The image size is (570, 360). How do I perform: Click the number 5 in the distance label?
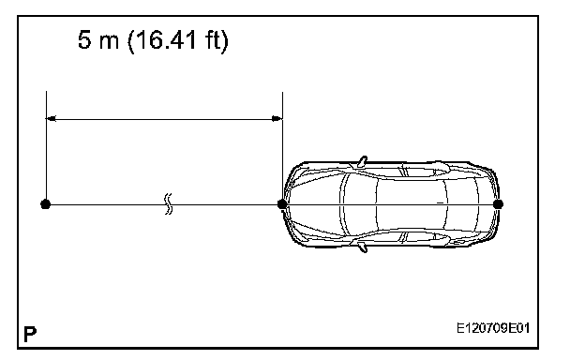(84, 39)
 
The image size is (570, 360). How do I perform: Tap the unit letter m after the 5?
(109, 42)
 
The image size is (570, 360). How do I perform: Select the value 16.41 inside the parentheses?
(166, 39)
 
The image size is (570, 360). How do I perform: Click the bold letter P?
(30, 334)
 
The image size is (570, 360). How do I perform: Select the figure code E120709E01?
(493, 328)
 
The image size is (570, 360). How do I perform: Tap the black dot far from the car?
(45, 204)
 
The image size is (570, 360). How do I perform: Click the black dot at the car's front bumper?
(282, 204)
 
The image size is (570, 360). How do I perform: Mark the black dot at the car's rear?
(498, 204)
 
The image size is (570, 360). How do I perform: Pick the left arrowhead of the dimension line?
(51, 118)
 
